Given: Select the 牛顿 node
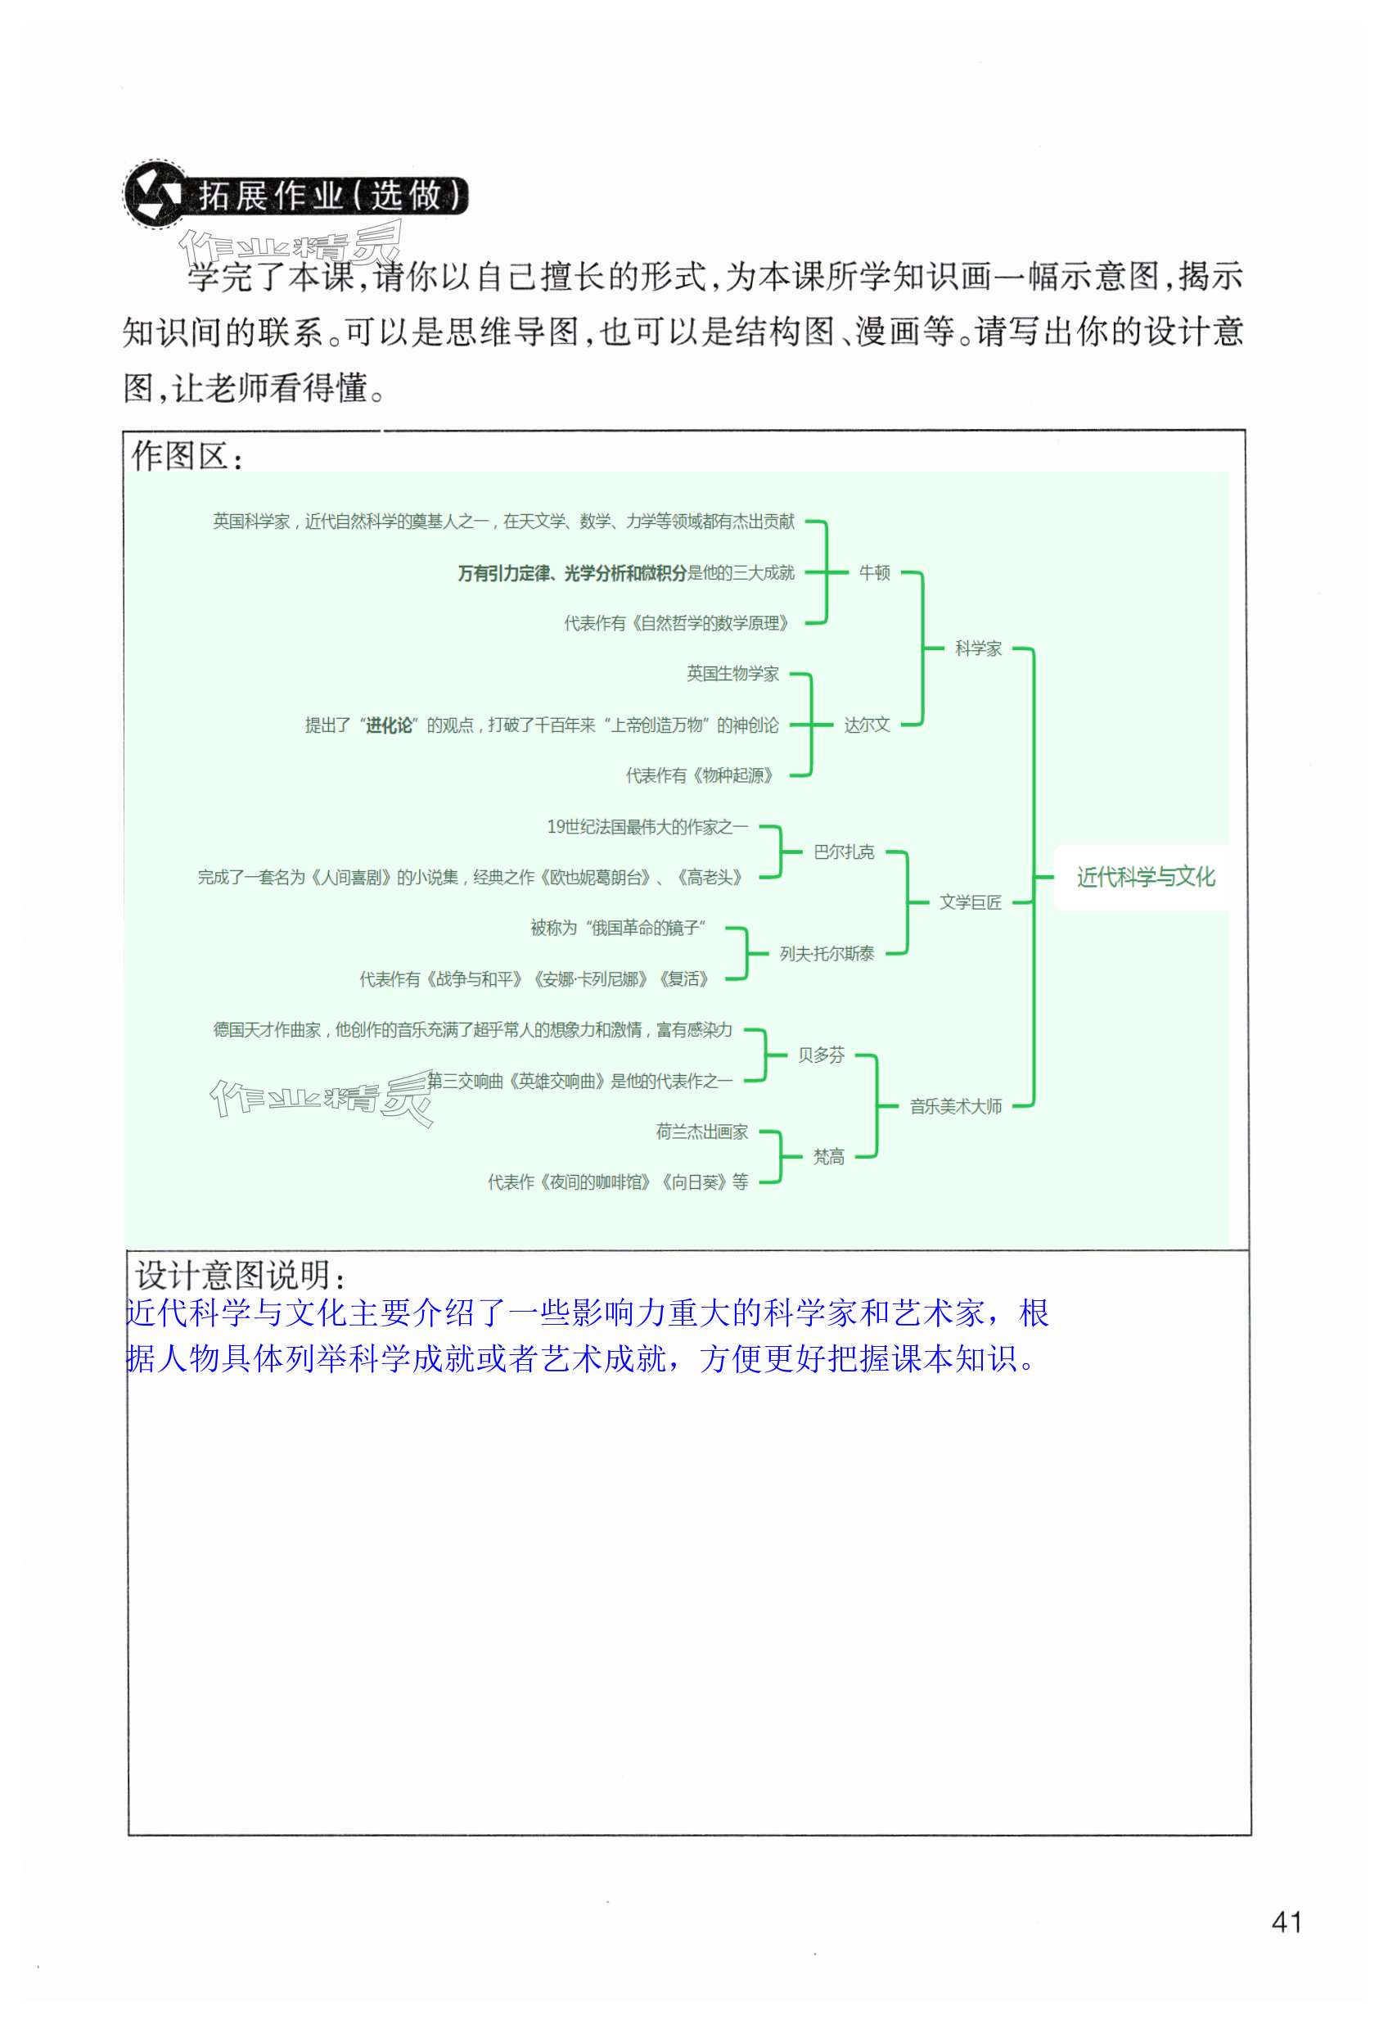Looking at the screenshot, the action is coord(874,572).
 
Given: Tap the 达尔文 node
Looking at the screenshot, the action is coord(867,725).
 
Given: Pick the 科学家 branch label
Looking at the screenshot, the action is coord(978,648).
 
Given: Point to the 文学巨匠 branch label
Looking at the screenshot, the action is coord(970,902).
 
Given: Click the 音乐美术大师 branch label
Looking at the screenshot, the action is coord(955,1106).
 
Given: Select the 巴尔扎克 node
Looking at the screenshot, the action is coord(843,852).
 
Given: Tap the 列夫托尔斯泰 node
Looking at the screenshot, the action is coord(827,954).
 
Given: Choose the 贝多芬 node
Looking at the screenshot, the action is coord(820,1055).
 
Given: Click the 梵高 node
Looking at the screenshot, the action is coord(828,1157).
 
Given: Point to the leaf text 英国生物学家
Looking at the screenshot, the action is coord(732,673).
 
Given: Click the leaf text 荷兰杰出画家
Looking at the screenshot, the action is coord(702,1132).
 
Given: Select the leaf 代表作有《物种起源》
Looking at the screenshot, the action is coord(699,775).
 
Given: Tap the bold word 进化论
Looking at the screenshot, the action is coord(389,725).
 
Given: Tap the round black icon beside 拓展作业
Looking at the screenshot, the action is coord(153,195).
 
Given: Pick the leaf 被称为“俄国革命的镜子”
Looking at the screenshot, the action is coord(617,928).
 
